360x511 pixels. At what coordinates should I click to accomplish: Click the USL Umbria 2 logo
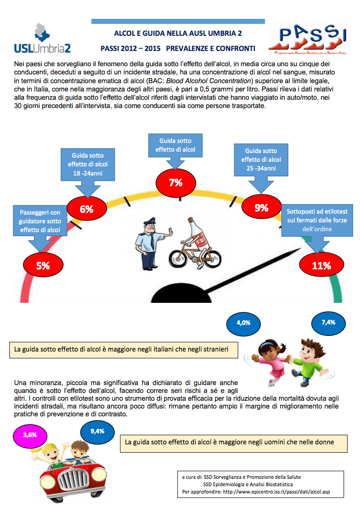pyautogui.click(x=42, y=39)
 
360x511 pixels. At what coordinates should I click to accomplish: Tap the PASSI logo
pyautogui.click(x=308, y=40)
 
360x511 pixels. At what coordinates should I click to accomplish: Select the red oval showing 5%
pyautogui.click(x=43, y=265)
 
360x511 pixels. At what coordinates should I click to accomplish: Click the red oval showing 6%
pyautogui.click(x=87, y=209)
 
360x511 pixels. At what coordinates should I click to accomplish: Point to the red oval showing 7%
pyautogui.click(x=175, y=182)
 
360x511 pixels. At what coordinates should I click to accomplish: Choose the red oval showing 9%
pyautogui.click(x=261, y=208)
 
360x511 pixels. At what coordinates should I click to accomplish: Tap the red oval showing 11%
pyautogui.click(x=321, y=265)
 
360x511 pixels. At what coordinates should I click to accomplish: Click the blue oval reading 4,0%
pyautogui.click(x=243, y=323)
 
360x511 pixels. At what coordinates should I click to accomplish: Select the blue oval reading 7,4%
pyautogui.click(x=328, y=323)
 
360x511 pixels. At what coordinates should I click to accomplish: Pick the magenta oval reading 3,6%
pyautogui.click(x=30, y=435)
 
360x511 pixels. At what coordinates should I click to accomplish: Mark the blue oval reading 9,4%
pyautogui.click(x=97, y=432)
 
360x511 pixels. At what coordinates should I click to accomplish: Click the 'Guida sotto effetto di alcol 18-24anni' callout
pyautogui.click(x=88, y=164)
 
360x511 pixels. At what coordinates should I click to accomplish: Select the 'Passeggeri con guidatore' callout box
pyautogui.click(x=40, y=221)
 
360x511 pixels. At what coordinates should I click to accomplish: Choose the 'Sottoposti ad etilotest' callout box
pyautogui.click(x=317, y=220)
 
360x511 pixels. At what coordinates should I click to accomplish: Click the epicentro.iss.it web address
pyautogui.click(x=276, y=492)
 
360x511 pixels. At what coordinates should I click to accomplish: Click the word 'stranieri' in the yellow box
pyautogui.click(x=216, y=349)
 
